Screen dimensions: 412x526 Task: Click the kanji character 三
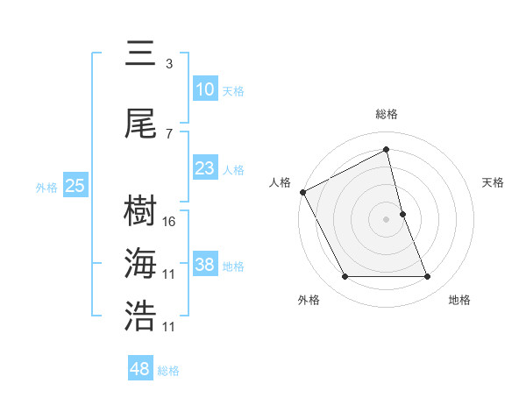[x=140, y=53]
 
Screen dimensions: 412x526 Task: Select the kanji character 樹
[x=140, y=211]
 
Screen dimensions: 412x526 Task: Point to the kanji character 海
[x=140, y=263]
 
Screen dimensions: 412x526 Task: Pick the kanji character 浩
[x=140, y=316]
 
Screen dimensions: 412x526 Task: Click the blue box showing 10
[x=204, y=89]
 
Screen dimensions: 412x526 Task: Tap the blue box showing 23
[x=204, y=168]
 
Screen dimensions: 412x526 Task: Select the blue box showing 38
[x=204, y=265]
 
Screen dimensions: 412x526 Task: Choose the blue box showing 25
[x=75, y=186]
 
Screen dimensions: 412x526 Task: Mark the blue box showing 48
[x=140, y=369]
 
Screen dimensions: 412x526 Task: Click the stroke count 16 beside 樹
[x=170, y=222]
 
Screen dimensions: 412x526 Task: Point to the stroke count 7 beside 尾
[x=169, y=133]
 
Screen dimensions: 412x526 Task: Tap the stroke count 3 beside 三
[x=169, y=64]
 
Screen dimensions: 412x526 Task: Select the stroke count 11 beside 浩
[x=170, y=327]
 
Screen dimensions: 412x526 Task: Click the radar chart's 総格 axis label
[x=386, y=114]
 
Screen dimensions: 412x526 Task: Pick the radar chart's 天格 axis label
[x=494, y=182]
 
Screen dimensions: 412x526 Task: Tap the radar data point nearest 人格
[x=302, y=192]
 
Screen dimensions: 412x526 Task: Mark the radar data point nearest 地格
[x=427, y=277]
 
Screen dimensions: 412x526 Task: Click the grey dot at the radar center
[x=386, y=219]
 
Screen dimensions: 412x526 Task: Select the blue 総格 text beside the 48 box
[x=168, y=371]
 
